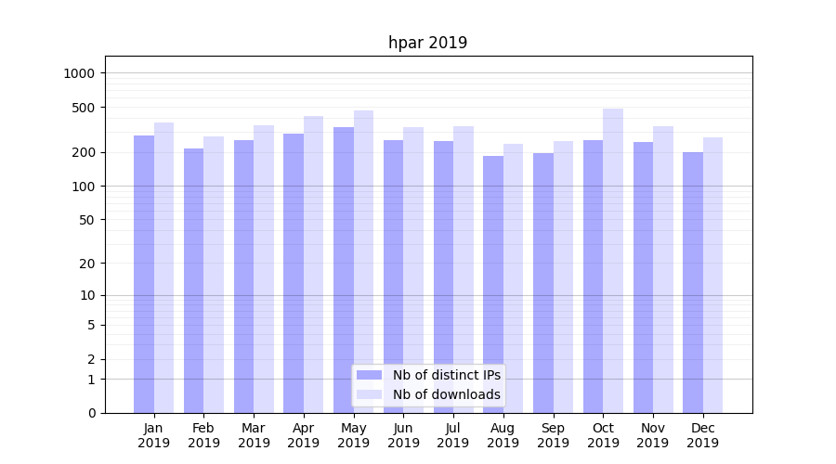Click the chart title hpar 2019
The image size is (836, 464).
coord(427,43)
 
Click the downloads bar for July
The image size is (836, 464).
coord(464,269)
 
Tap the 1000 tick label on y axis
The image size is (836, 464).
coord(79,73)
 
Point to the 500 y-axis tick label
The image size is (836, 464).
coord(83,108)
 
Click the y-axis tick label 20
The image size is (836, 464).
coord(86,264)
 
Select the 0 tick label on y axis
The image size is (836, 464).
coord(91,413)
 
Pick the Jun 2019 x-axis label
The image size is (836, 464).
coord(403,435)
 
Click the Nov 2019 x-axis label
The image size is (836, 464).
coord(653,435)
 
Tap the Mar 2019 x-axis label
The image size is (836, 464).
coord(254,435)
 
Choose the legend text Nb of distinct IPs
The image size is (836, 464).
coord(446,375)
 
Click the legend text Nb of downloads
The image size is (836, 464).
coord(446,394)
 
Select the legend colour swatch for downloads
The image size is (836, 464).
coord(369,394)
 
